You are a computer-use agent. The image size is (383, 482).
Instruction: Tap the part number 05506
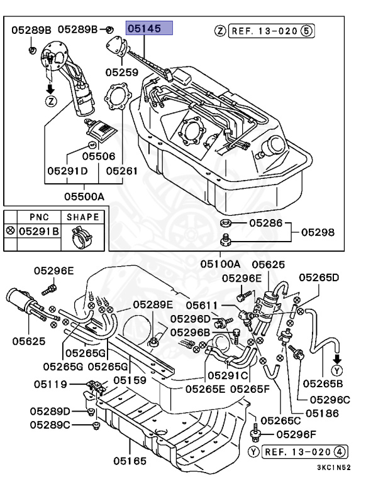(x=99, y=156)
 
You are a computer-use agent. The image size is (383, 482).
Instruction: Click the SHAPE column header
(x=83, y=217)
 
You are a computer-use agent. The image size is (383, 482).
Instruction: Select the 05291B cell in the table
(x=38, y=232)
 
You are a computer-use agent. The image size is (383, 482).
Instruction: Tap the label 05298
(x=317, y=232)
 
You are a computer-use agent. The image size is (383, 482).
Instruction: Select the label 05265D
(x=319, y=277)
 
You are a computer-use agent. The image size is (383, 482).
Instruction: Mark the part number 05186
(x=323, y=414)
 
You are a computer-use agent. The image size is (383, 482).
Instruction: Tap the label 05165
(x=130, y=461)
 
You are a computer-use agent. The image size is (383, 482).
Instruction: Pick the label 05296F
(x=297, y=434)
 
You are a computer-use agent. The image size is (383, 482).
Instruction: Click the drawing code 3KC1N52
(x=333, y=467)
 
